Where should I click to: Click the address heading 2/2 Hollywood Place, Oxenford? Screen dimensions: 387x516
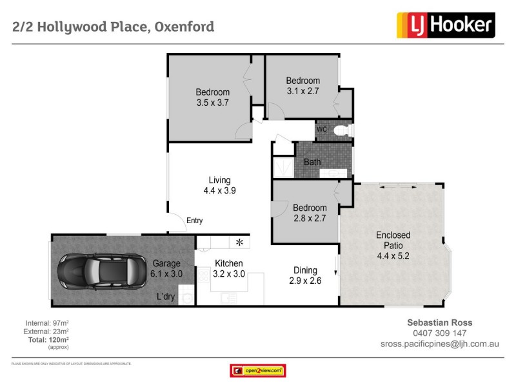tap(114, 27)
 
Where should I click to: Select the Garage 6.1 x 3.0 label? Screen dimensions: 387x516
tap(166, 268)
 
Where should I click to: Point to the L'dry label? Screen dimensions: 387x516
tap(167, 297)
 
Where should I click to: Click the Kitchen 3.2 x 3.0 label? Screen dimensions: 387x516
tap(229, 268)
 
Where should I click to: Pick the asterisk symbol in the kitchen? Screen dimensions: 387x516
tap(239, 243)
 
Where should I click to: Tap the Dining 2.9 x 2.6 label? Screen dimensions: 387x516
tap(304, 275)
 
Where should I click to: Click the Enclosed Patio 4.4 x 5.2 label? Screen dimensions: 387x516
tap(393, 246)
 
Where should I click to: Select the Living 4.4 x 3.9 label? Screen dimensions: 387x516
tap(219, 185)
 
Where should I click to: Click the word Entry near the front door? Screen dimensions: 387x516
tap(194, 221)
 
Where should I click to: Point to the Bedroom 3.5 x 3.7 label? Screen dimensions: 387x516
tap(213, 97)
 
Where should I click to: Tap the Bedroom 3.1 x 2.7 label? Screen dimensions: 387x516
tap(303, 86)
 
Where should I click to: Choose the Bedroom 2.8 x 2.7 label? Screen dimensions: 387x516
tap(310, 213)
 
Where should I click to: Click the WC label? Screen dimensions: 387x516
tap(322, 130)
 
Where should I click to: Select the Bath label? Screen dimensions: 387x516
tap(312, 162)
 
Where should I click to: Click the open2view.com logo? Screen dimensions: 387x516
tap(258, 371)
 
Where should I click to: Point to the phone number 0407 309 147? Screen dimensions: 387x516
tap(440, 333)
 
